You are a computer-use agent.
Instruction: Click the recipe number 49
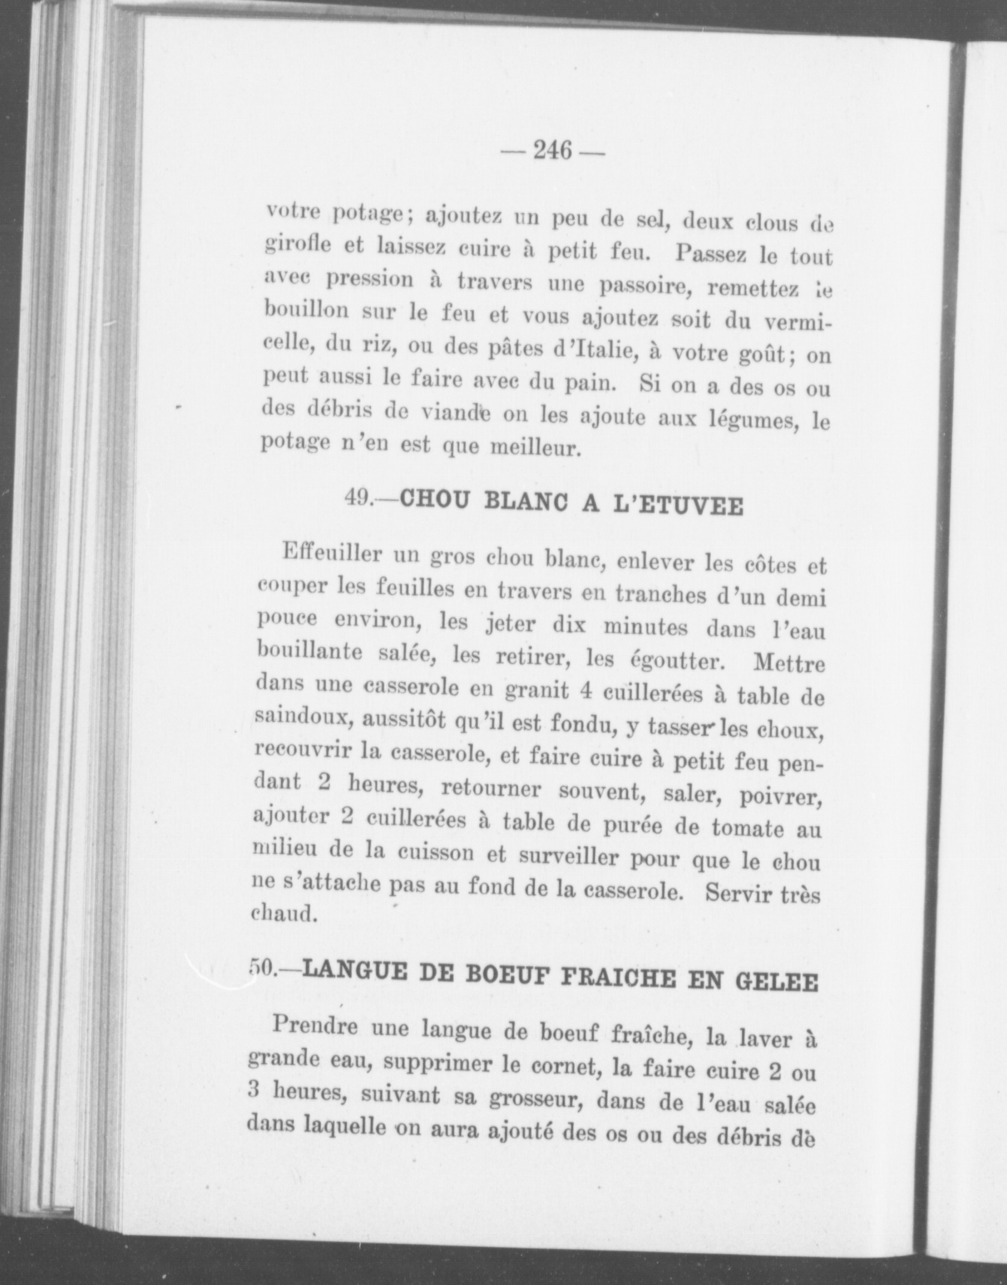coord(360,498)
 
